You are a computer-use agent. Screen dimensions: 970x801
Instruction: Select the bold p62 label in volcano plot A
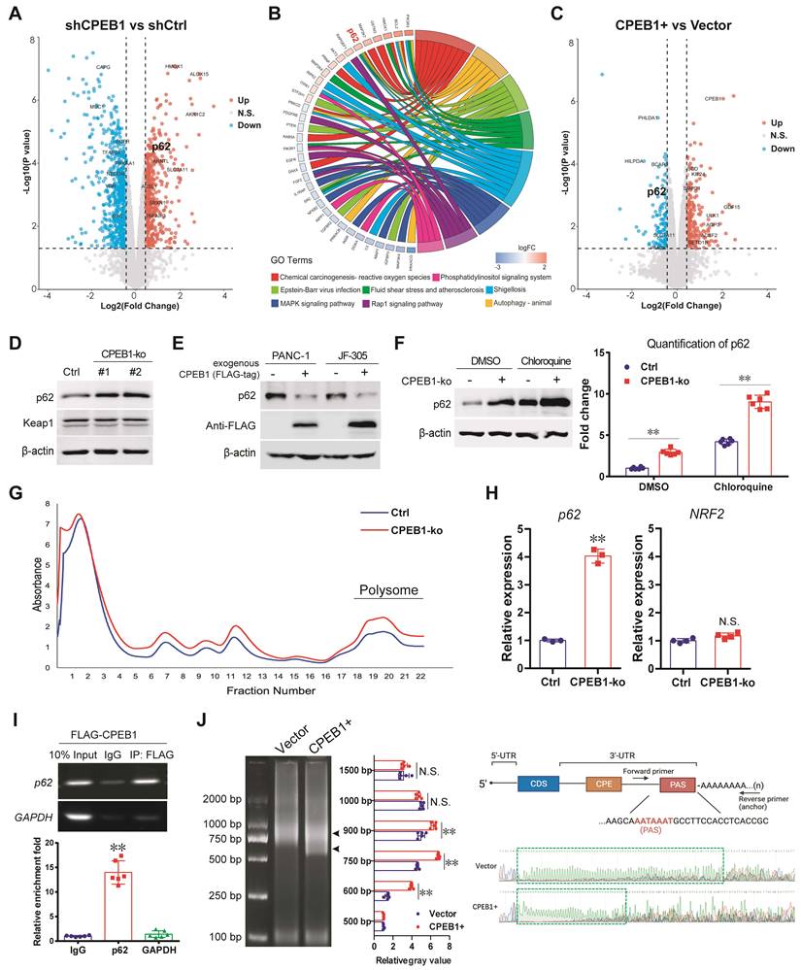tap(161, 147)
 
